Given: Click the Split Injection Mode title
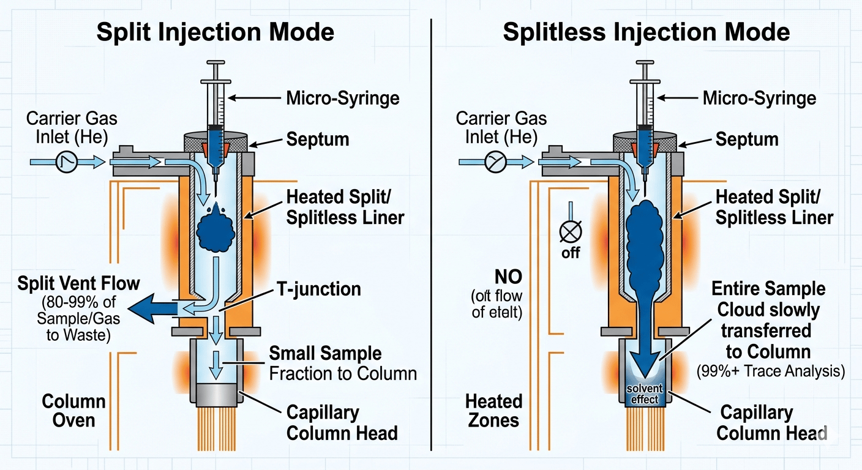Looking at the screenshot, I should coord(215,32).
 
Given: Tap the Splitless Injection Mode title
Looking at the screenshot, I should coord(646,32).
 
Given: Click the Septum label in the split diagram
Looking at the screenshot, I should coord(318,139).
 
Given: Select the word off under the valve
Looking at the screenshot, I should coord(571,253).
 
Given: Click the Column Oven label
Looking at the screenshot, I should coord(66,412).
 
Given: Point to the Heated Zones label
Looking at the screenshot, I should coord(493,411).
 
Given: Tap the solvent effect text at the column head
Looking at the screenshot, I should coord(643,395).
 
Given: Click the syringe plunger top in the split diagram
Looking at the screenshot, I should coord(215,63).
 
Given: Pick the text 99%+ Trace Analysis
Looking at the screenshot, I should coord(771,371).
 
